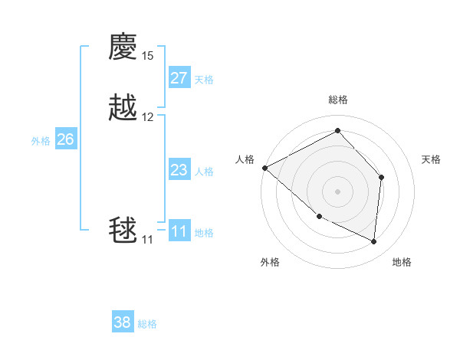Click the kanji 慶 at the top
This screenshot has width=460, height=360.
123,47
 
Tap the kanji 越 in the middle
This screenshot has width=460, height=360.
123,108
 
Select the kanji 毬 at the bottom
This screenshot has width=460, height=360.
123,231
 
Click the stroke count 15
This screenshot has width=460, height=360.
147,56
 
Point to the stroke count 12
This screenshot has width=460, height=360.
147,117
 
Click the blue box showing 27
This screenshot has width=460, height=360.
179,78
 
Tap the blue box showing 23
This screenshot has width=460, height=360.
179,170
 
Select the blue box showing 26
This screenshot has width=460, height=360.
66,139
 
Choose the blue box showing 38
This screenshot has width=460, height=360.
123,322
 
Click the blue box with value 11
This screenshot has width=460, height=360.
179,231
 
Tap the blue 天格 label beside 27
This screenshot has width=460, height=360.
204,80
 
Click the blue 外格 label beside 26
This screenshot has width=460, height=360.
41,141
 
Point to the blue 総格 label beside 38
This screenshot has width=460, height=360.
147,324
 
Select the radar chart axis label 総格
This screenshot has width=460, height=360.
338,100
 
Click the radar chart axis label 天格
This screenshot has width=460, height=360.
431,159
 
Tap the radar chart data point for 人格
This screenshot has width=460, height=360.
264,168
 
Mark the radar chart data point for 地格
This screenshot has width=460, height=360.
373,241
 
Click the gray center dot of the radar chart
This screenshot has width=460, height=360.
337,191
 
